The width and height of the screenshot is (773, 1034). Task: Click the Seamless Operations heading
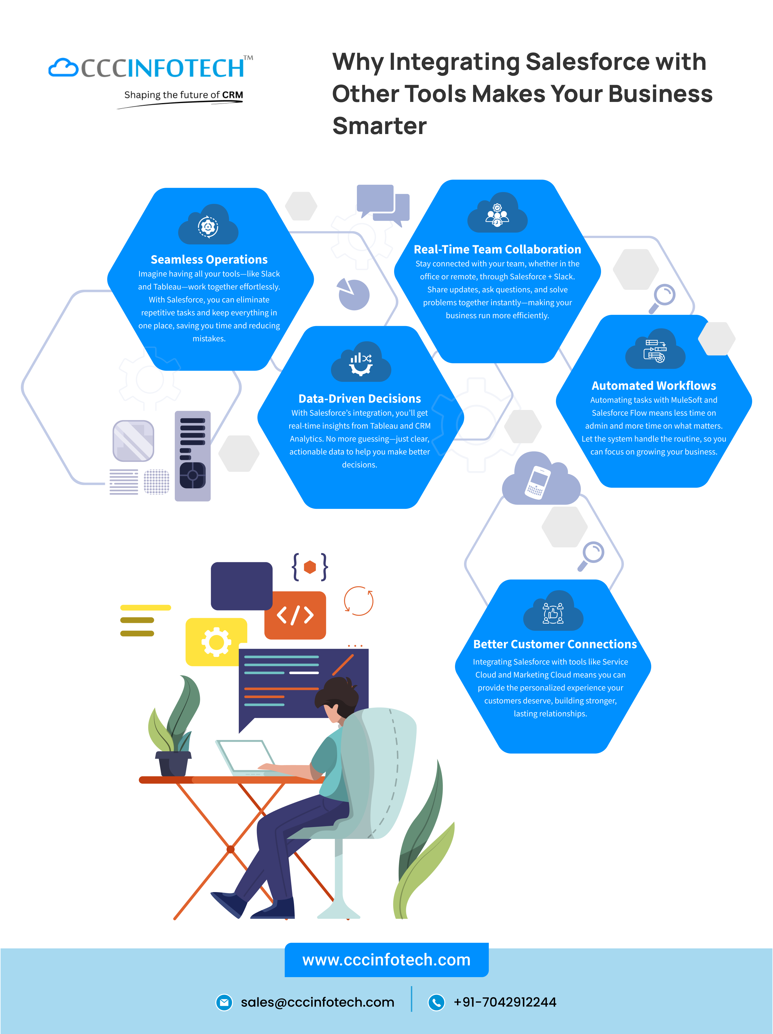[x=209, y=259]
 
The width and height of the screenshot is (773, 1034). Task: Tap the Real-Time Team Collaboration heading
[x=497, y=249]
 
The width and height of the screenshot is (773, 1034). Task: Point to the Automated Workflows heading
[x=654, y=386]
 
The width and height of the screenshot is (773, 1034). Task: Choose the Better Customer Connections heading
[x=555, y=644]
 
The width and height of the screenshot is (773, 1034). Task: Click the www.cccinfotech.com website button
[x=386, y=960]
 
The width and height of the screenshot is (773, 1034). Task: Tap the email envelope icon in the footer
[x=224, y=1002]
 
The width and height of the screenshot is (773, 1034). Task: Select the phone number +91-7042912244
[x=505, y=1002]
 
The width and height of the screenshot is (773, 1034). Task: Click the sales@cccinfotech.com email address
[x=317, y=1002]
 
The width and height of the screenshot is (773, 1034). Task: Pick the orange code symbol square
[x=295, y=615]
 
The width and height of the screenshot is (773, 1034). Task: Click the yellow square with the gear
[x=216, y=642]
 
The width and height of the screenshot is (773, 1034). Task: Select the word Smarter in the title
[x=379, y=126]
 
